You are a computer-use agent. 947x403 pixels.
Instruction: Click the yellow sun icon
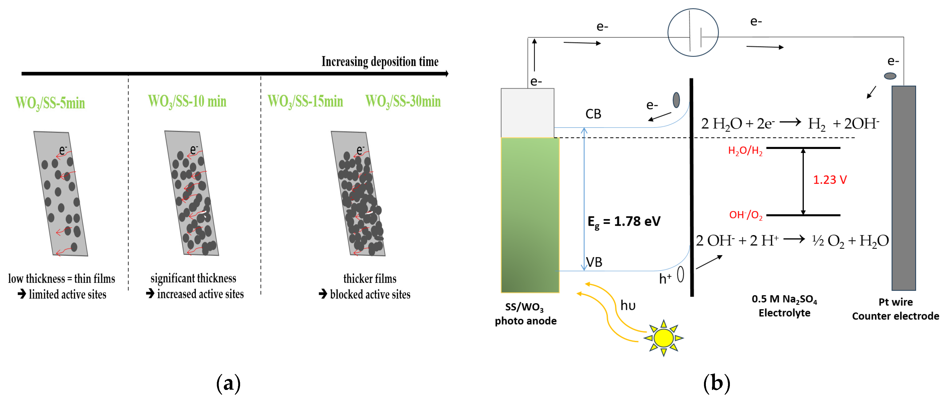point(664,338)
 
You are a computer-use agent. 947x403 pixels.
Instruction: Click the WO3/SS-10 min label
point(187,101)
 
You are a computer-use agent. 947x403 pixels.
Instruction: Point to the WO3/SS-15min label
point(305,101)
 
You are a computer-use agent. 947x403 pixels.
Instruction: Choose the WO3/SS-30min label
point(403,101)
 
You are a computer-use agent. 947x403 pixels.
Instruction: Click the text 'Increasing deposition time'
point(380,62)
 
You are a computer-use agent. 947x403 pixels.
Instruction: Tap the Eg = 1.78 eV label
point(624,222)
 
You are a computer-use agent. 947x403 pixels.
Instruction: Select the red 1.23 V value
point(830,180)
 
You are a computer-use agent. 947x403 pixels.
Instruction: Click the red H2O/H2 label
point(745,151)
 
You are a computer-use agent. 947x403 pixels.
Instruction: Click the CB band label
point(593,114)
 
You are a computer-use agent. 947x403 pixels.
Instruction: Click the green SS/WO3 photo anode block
point(530,215)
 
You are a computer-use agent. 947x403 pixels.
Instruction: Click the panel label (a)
point(228,383)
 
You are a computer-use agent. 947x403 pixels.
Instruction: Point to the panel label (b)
point(716,383)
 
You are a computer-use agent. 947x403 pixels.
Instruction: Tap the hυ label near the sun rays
point(628,305)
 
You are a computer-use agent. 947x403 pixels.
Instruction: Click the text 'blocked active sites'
point(370,294)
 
